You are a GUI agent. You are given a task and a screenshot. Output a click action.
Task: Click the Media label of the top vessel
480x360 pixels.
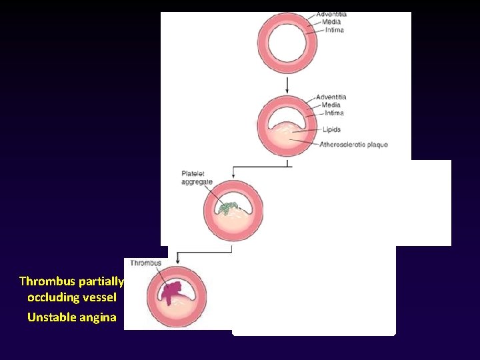[331, 22]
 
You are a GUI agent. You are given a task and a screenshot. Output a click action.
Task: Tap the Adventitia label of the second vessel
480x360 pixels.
[331, 97]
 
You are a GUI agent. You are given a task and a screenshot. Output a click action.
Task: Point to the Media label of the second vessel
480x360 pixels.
[330, 105]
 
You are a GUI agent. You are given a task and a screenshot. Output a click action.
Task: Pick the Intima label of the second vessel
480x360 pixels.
[333, 113]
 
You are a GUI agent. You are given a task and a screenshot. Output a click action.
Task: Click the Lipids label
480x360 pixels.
[331, 129]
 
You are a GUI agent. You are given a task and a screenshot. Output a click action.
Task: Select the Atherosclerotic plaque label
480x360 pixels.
[353, 145]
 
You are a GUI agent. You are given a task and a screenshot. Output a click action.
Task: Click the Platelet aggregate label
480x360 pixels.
[197, 178]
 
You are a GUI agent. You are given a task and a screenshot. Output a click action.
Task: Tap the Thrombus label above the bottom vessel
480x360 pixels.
[145, 263]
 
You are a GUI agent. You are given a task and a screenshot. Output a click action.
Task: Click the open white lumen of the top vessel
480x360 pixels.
[286, 43]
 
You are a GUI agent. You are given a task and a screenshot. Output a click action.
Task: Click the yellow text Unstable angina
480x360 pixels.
[71, 317]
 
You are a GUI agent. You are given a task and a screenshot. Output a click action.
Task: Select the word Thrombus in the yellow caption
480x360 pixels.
[46, 281]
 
